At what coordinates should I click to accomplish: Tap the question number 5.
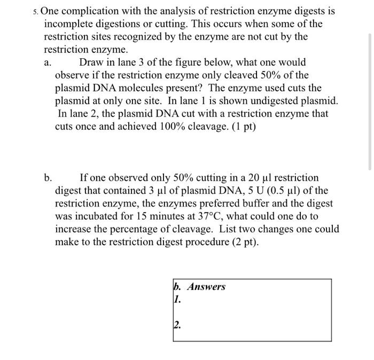[x=35, y=11]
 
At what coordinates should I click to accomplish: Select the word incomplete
[x=72, y=24]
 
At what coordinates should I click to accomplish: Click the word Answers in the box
[x=206, y=287]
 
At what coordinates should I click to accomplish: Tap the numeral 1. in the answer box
[x=177, y=300]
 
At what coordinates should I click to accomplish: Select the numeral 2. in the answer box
[x=177, y=324]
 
